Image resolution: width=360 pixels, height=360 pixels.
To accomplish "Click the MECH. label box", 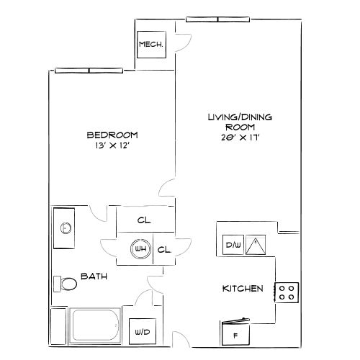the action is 151,45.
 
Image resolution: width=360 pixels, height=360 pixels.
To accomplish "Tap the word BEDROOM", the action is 112,135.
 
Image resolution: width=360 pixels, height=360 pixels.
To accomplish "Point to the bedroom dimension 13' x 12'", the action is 112,145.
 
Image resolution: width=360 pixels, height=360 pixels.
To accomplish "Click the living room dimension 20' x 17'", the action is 240,138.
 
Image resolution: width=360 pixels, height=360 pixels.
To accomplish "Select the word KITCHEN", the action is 243,289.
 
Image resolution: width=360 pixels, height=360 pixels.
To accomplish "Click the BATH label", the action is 94,276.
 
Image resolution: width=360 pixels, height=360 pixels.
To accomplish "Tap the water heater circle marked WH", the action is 140,248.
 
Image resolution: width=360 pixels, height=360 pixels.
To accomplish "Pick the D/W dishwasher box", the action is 233,245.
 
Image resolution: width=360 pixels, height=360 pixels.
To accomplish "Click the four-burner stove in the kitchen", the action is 287,292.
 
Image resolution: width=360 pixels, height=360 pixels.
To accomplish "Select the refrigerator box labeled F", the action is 235,333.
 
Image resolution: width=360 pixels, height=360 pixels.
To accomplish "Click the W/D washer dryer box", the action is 143,331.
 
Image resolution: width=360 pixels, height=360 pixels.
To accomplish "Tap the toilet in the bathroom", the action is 66,284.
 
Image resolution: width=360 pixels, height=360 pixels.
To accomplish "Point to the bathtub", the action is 95,325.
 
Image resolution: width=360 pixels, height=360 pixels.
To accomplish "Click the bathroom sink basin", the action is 66,228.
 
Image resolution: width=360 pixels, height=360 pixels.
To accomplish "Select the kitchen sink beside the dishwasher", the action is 256,245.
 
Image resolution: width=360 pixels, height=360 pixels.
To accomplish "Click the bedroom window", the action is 89,71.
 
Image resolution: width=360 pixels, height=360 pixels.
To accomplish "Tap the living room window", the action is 218,19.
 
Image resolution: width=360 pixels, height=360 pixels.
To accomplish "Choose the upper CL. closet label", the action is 144,220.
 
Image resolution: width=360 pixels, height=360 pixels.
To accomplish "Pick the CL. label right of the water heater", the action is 164,250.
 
